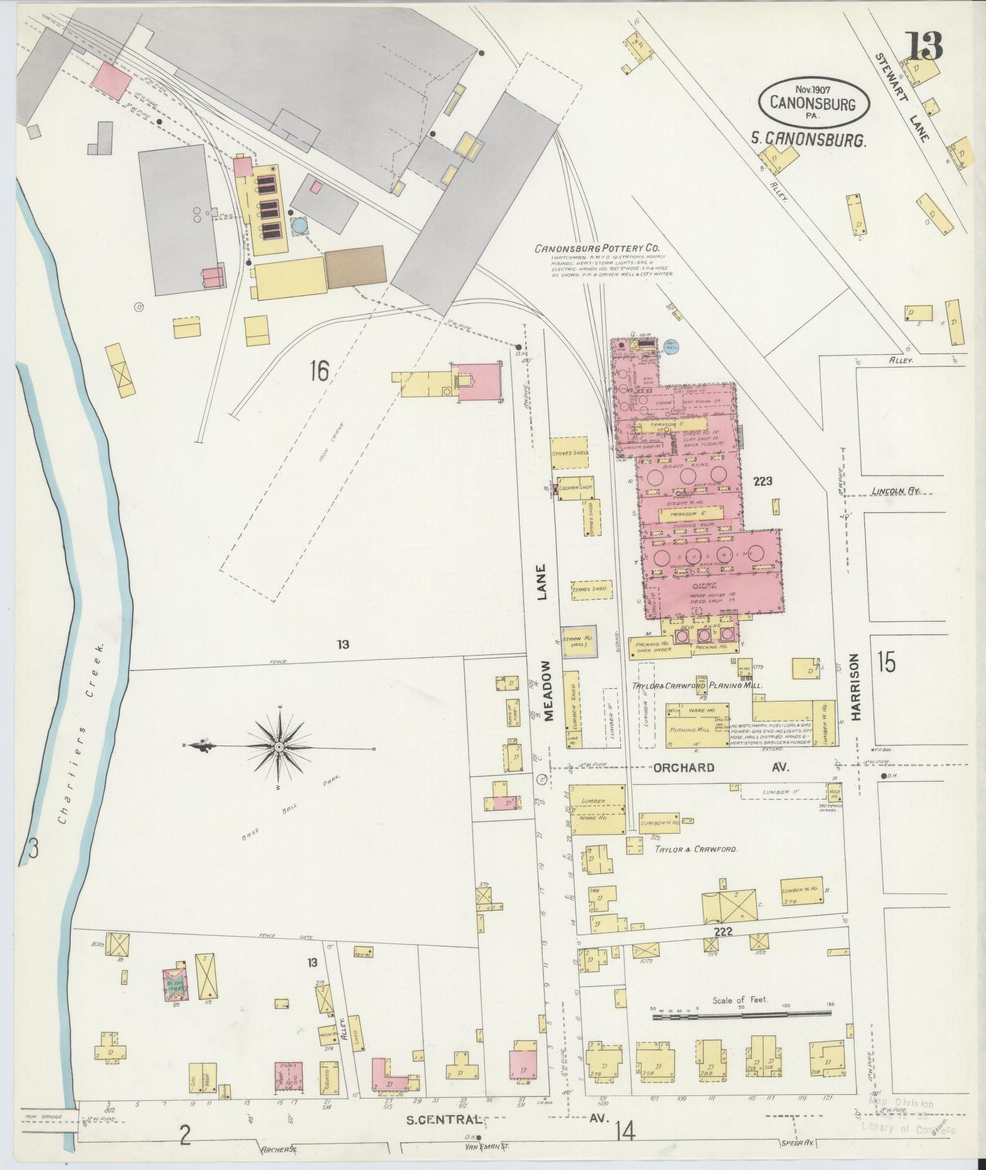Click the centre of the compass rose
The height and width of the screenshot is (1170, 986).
[279, 747]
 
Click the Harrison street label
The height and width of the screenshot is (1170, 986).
[854, 686]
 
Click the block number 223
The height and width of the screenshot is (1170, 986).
[763, 481]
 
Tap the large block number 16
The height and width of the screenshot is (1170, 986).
[319, 371]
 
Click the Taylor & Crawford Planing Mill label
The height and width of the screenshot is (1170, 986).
[697, 686]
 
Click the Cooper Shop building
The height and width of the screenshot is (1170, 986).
[575, 487]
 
